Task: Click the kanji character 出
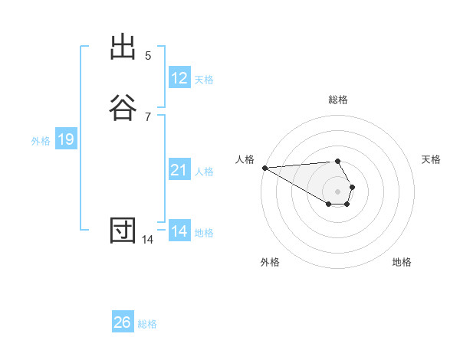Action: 123,47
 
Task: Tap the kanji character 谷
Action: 123,106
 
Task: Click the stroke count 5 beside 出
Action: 148,55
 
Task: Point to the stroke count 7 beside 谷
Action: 148,116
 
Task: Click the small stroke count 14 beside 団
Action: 147,240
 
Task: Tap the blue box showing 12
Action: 179,77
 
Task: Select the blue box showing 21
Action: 179,170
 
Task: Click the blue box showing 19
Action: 65,139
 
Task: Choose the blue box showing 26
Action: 123,322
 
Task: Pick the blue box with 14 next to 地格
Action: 179,231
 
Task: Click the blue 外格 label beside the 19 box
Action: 41,141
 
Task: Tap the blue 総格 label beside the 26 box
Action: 147,324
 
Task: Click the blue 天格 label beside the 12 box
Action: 204,80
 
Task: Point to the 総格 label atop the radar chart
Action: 338,100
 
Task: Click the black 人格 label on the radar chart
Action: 245,159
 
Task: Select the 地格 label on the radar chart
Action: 402,262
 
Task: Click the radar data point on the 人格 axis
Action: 264,168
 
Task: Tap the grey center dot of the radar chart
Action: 338,191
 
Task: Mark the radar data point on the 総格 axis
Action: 338,161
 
